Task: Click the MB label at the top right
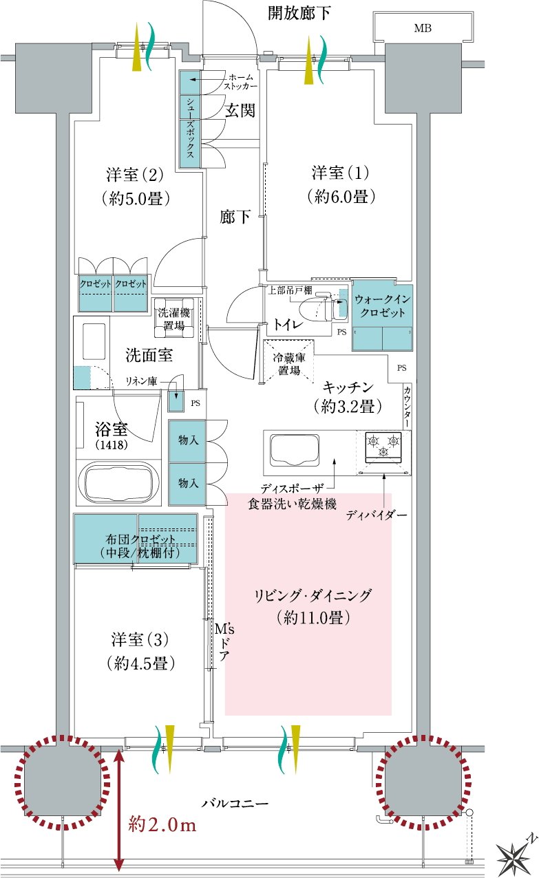tap(423, 28)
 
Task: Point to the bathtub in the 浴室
tap(118, 482)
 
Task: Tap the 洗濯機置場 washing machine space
tap(174, 319)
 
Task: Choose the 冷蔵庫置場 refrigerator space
tap(289, 361)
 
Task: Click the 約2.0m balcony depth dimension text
tap(162, 825)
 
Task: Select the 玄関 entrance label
tap(240, 111)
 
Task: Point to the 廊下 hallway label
tap(235, 216)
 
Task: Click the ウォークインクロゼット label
tap(383, 306)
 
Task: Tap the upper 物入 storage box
tap(187, 441)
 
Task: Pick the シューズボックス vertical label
tap(190, 127)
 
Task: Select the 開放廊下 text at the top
tap(299, 13)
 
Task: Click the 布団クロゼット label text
tap(140, 539)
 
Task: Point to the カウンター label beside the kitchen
tap(408, 407)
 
